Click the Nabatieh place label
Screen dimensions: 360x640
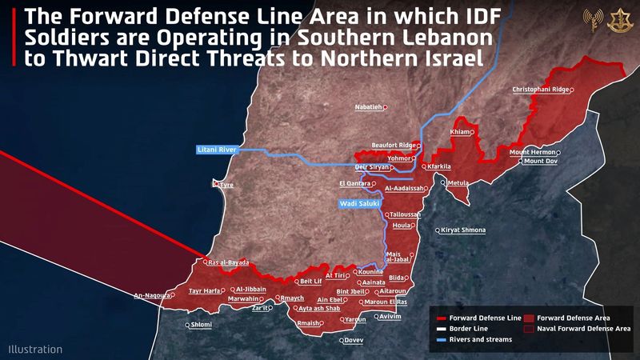(370, 106)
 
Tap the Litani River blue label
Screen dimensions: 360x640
(218, 150)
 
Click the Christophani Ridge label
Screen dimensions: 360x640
(540, 90)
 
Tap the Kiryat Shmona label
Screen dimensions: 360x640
(463, 230)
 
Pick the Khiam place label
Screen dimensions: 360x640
(461, 132)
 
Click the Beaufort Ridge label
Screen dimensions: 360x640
(394, 146)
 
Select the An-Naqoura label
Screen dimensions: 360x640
(152, 295)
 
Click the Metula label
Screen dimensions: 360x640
(458, 183)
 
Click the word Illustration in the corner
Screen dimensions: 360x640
(35, 350)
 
